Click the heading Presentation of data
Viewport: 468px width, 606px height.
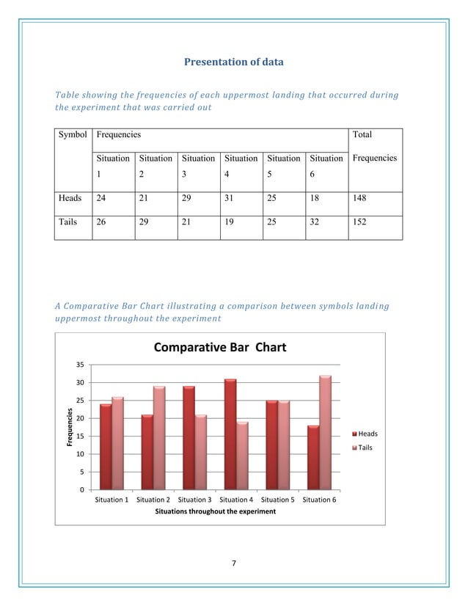(233, 62)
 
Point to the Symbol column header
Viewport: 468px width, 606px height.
(73, 135)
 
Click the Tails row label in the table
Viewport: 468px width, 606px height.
(70, 222)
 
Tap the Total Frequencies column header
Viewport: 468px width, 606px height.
(374, 146)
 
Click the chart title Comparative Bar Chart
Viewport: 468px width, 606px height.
(219, 347)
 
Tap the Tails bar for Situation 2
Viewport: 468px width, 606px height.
(158, 438)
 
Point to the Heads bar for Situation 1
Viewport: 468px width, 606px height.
(106, 447)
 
